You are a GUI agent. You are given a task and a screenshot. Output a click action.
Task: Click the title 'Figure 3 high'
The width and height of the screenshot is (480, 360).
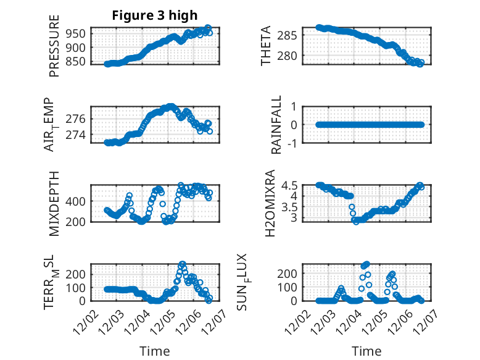point(154,15)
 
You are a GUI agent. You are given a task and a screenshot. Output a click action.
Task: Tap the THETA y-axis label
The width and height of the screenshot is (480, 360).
point(266,45)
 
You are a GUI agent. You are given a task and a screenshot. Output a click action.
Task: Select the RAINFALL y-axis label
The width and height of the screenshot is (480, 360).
point(277,125)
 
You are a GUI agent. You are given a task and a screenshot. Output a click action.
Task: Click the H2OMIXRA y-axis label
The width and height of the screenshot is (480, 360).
point(270,203)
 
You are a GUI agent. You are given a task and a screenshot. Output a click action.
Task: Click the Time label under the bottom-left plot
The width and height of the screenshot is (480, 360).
point(155,351)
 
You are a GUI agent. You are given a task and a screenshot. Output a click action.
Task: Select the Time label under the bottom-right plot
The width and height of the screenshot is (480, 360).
point(366,351)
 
